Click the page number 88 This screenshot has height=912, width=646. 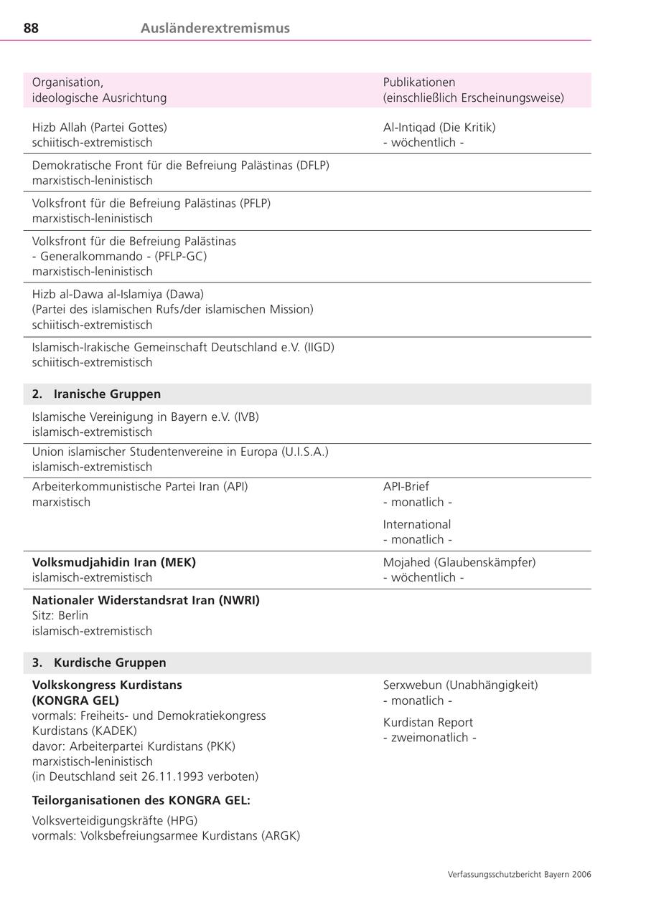pos(32,29)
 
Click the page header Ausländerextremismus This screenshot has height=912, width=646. pos(215,29)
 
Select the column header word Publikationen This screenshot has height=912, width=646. pos(419,82)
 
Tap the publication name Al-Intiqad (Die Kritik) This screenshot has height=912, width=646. pos(439,128)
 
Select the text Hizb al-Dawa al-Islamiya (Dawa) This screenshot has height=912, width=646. pos(118,294)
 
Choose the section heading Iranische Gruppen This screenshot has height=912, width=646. pos(107,394)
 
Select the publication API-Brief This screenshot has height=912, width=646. pos(406,487)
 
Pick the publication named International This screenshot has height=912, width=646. pos(417,525)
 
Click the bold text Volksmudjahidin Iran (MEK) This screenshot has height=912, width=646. pos(114,563)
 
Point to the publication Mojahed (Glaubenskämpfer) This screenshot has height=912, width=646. pos(459,563)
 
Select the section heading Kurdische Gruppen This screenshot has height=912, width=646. pos(110,663)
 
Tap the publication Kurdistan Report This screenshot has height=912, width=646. pos(429,723)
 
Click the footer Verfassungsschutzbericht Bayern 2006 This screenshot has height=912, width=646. pos(520,875)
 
